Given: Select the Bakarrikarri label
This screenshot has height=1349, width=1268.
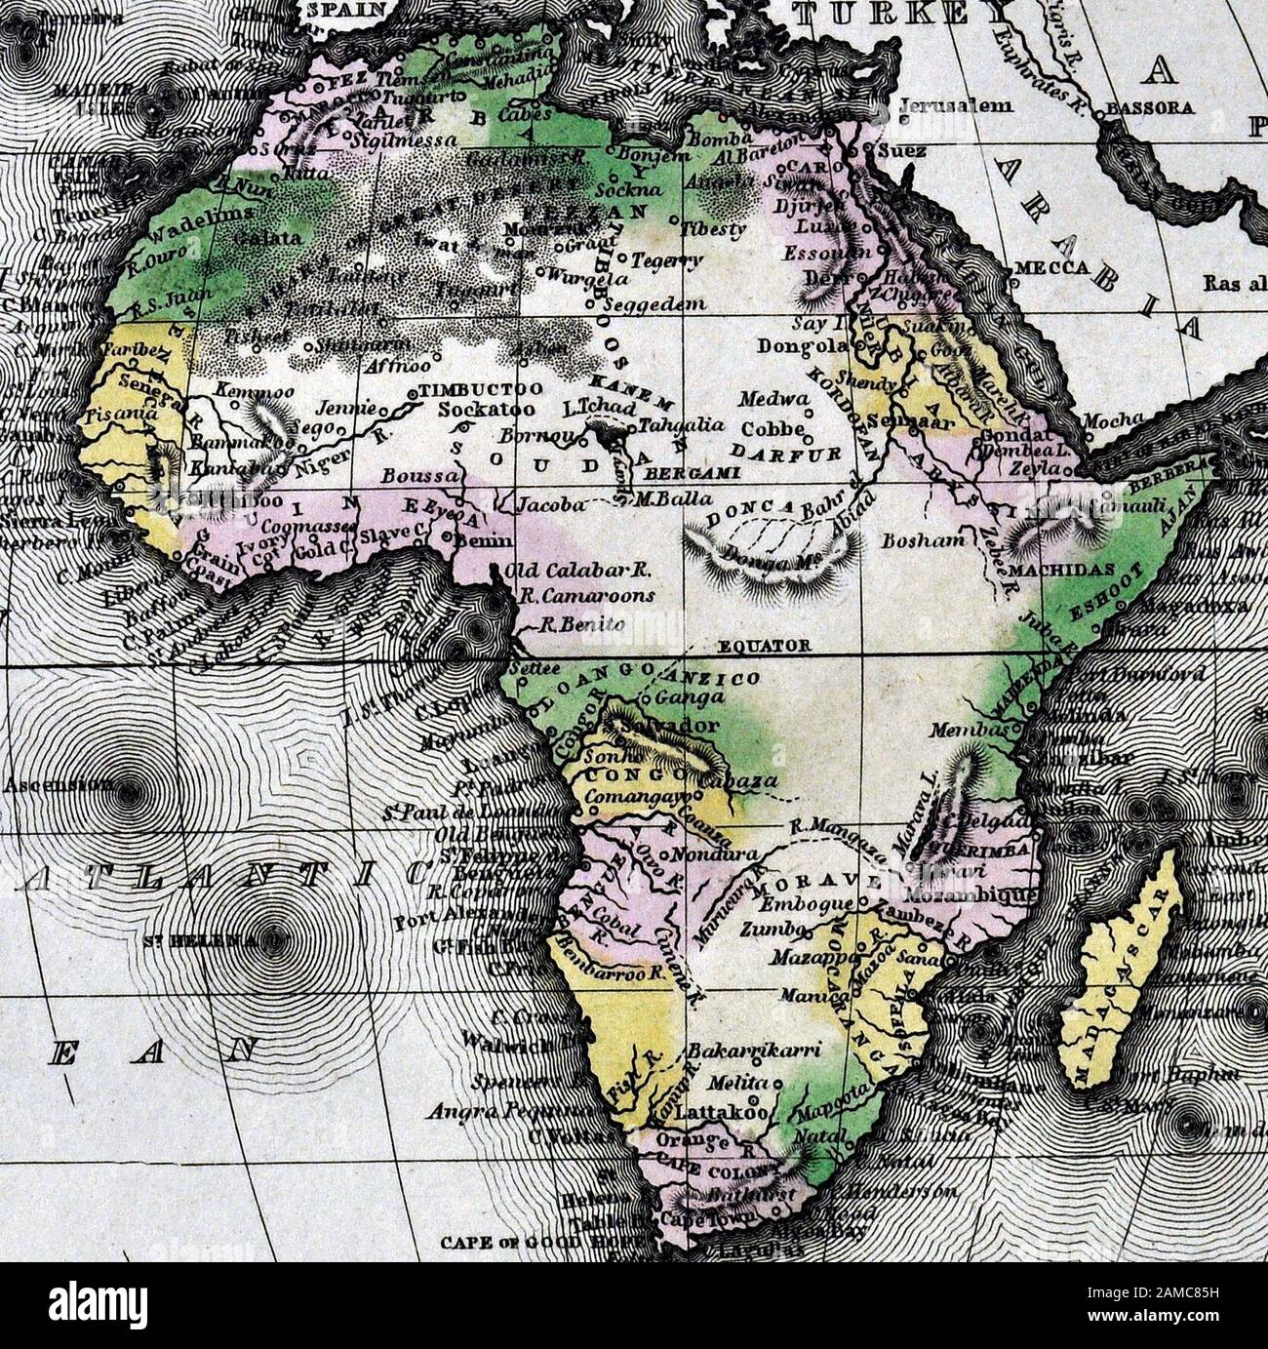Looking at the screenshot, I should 754,1051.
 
